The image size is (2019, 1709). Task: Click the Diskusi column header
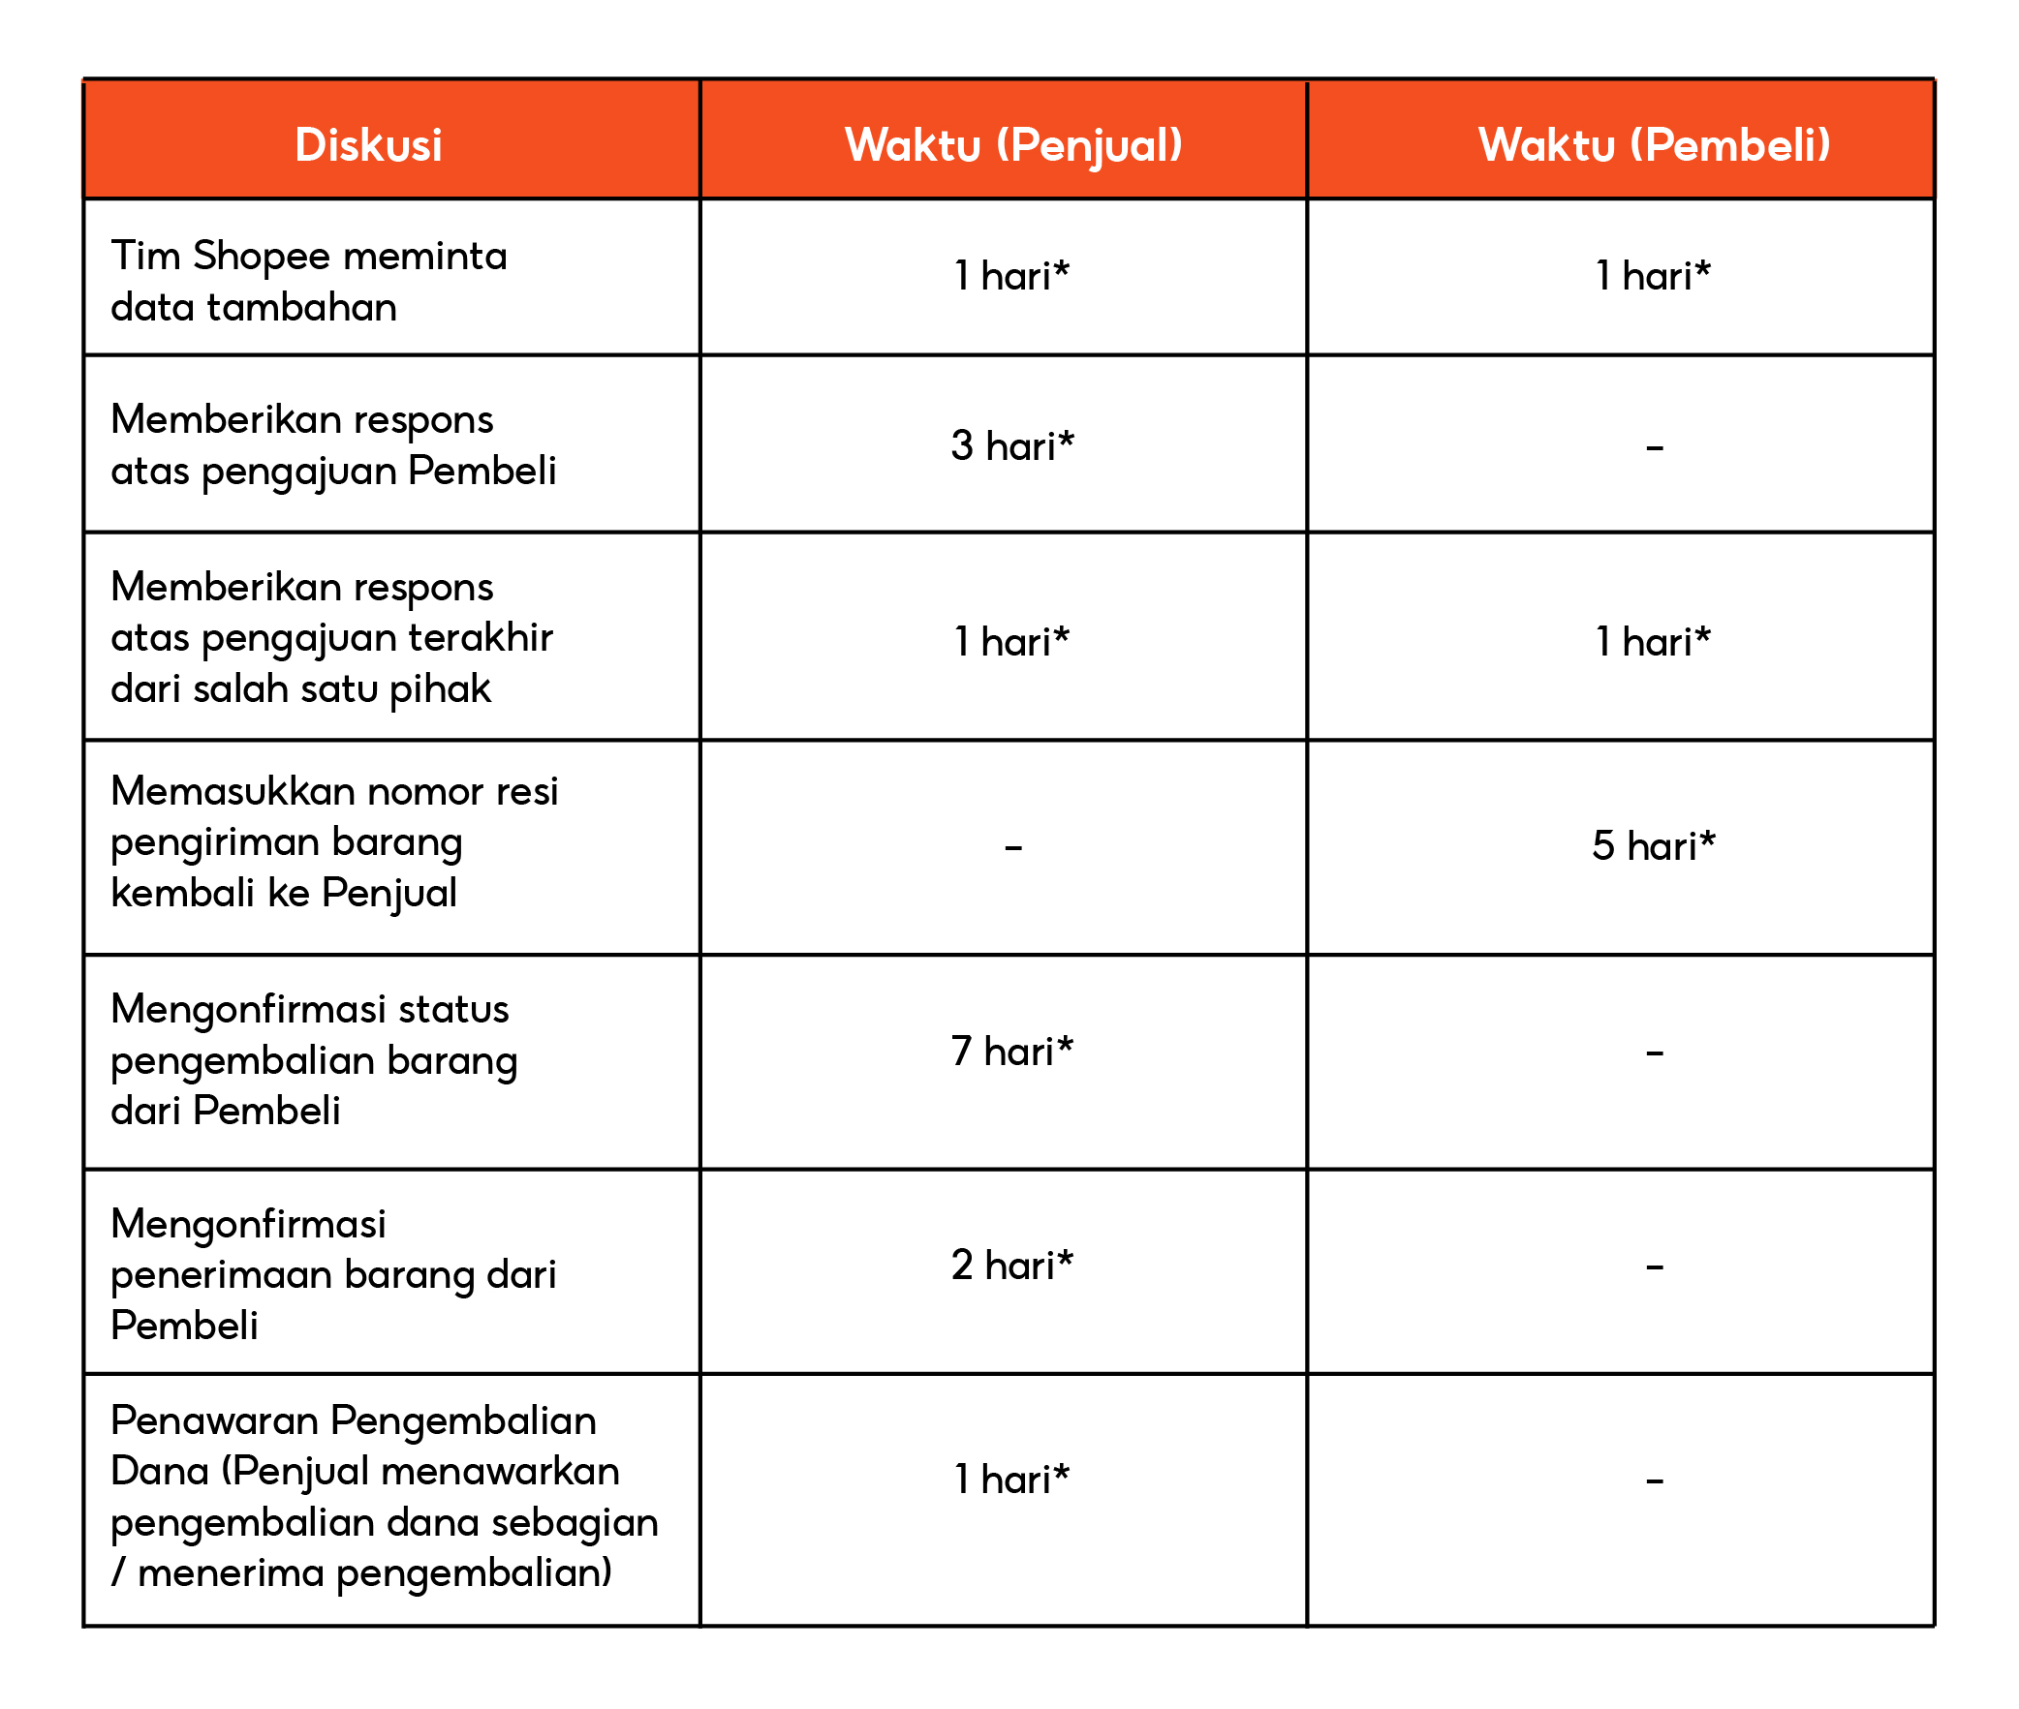click(x=368, y=145)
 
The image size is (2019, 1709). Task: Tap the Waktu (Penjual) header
click(x=1013, y=145)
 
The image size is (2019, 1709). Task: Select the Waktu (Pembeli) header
click(x=1654, y=145)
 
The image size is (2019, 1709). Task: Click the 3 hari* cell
click(x=1012, y=445)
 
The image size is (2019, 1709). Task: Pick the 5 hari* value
click(x=1653, y=845)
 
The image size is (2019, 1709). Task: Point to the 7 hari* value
click(x=1012, y=1052)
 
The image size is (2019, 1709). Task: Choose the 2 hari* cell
click(x=1012, y=1266)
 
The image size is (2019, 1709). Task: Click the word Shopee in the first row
click(x=262, y=257)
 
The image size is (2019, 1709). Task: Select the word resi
click(x=527, y=791)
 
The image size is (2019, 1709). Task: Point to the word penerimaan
click(x=222, y=1275)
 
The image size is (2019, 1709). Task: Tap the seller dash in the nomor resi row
click(x=1013, y=848)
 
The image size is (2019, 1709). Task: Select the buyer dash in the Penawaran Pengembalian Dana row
click(x=1654, y=1481)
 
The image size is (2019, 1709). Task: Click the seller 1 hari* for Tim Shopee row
click(x=1011, y=276)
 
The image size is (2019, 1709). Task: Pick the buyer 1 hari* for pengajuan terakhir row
click(x=1653, y=641)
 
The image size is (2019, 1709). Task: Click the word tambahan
click(x=301, y=307)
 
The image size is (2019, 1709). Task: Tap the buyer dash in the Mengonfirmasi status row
click(x=1654, y=1053)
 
